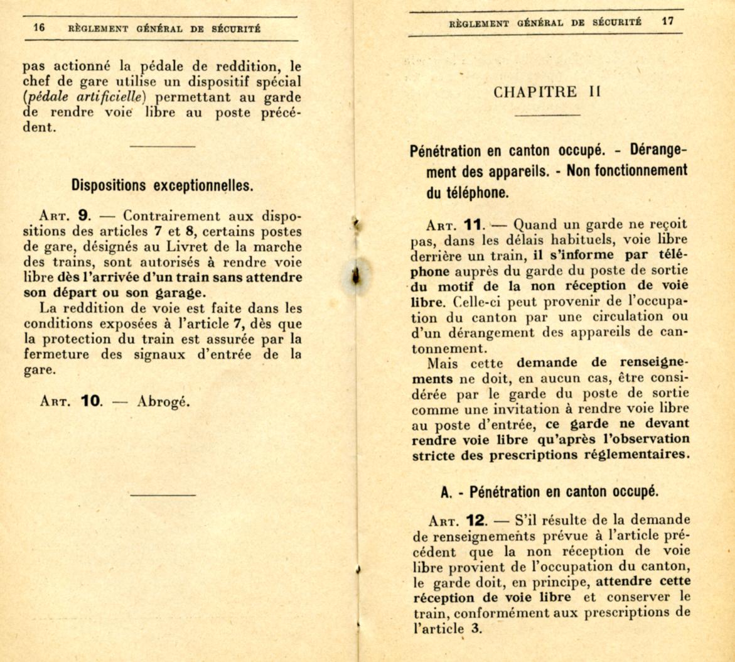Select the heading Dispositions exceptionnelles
coord(163,185)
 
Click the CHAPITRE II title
coord(547,92)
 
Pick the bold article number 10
coord(92,401)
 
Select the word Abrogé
coord(163,401)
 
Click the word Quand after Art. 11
coord(534,224)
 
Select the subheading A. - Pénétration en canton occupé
coord(549,492)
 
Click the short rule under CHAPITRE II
coord(547,116)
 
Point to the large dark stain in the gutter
coord(357,276)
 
